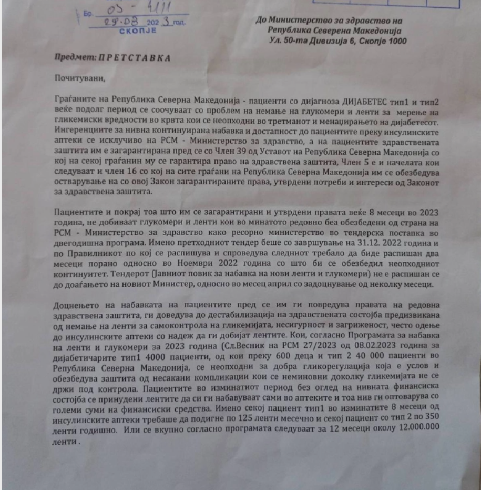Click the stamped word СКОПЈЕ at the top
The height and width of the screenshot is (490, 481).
pyautogui.click(x=138, y=32)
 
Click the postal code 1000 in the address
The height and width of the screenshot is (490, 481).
pyautogui.click(x=396, y=41)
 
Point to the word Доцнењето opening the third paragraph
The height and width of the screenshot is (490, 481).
pyautogui.click(x=75, y=306)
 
